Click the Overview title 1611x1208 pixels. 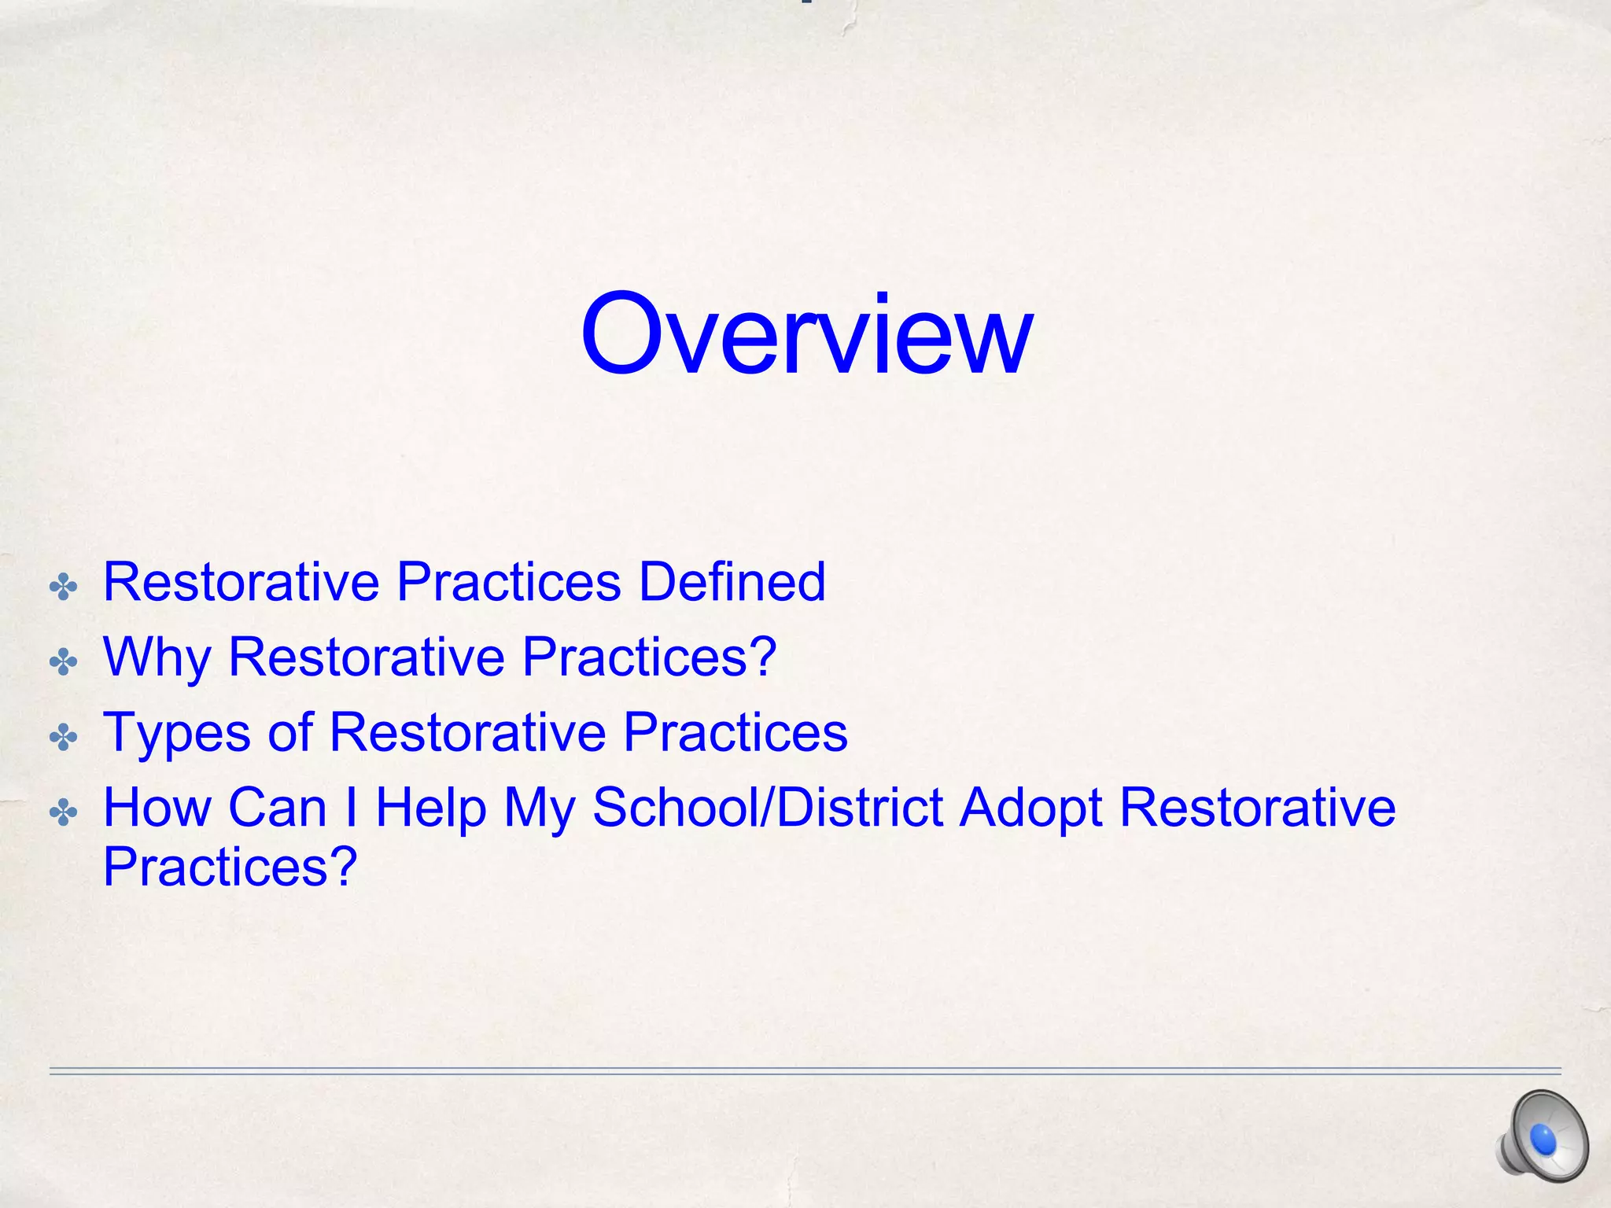point(805,334)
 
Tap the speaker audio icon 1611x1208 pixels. point(1543,1137)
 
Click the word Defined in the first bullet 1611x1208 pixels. point(732,582)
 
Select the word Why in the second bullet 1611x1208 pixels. point(157,657)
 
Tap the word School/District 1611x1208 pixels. point(767,808)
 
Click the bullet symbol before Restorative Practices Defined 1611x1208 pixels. point(63,587)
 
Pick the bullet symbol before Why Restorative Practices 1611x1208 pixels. point(63,662)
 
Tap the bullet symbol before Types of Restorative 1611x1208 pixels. point(63,738)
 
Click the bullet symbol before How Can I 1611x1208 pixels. point(63,812)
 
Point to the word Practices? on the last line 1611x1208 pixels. point(230,867)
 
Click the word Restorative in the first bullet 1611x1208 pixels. point(241,582)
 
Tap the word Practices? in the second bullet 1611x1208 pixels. point(650,657)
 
